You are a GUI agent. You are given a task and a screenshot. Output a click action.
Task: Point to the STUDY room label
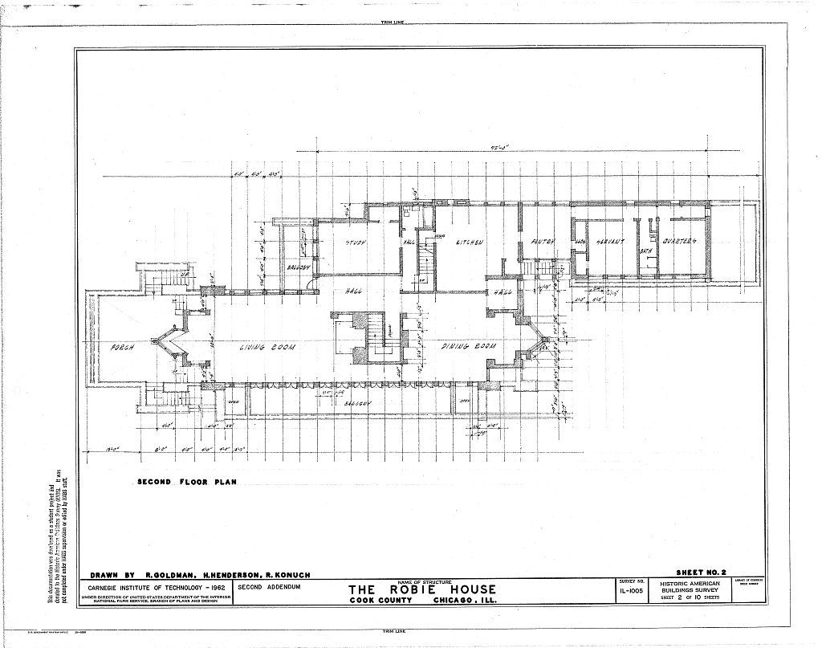[x=356, y=242]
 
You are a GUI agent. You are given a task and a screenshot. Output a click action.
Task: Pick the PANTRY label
[x=543, y=242]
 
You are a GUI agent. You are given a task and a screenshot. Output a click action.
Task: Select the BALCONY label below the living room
[x=356, y=405]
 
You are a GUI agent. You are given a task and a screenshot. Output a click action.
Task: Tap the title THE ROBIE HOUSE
[x=421, y=590]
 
